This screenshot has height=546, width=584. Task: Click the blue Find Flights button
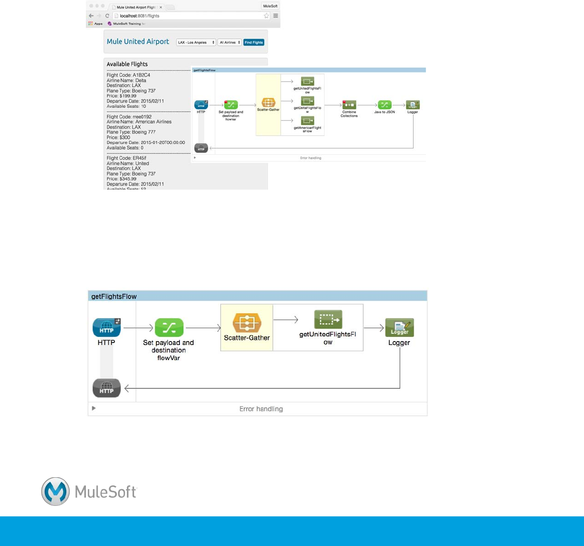(254, 43)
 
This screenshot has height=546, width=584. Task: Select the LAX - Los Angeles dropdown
(196, 43)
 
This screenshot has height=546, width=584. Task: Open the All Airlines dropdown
(229, 43)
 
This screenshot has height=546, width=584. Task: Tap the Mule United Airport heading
(138, 42)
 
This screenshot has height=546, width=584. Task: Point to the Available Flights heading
(127, 64)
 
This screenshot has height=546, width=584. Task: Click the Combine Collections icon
(349, 105)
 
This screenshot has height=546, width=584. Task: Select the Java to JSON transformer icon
(385, 105)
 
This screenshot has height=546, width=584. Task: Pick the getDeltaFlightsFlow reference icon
(308, 101)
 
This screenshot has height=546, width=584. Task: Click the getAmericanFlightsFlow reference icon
(308, 121)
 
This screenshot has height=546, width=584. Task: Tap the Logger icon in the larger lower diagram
(399, 328)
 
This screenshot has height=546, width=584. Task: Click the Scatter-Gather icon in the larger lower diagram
(247, 323)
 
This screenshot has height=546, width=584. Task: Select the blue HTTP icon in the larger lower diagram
(106, 328)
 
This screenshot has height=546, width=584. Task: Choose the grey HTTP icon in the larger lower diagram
(106, 388)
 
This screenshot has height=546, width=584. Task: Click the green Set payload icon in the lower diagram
(169, 328)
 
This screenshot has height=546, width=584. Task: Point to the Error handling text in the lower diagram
(261, 409)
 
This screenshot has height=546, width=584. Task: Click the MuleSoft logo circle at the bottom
(55, 491)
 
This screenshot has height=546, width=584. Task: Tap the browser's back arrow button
(91, 16)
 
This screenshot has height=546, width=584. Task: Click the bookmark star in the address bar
(266, 16)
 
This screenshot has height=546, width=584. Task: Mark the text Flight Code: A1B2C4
(128, 75)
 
